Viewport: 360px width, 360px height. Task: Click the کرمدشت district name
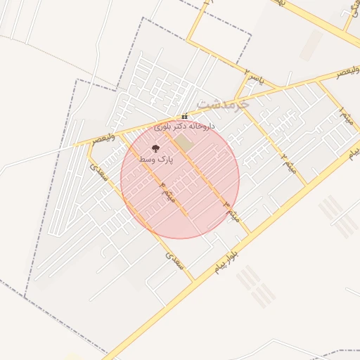point(223,103)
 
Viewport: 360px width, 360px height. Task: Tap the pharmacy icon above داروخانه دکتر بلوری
point(184,117)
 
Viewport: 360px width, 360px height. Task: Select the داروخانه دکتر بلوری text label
point(185,127)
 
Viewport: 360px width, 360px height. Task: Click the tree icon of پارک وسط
point(155,148)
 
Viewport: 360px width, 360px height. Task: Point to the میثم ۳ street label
point(233,211)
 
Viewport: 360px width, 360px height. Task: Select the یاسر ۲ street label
point(253,76)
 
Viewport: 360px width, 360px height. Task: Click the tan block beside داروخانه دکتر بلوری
point(184,142)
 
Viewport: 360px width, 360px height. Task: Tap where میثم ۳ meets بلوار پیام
point(250,232)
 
